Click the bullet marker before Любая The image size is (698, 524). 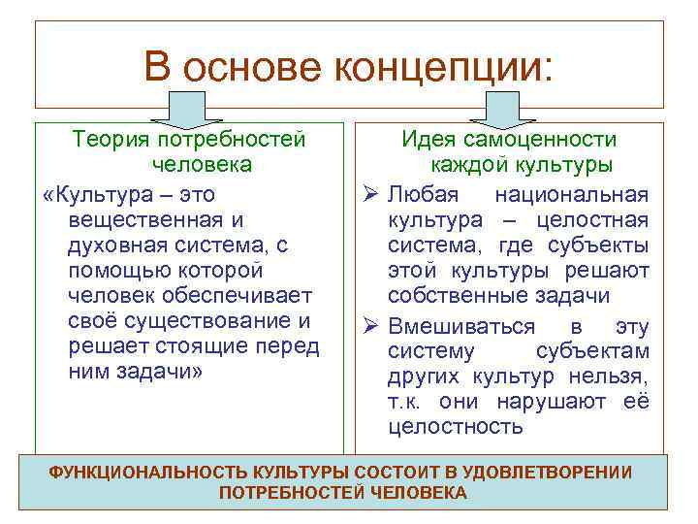tap(369, 196)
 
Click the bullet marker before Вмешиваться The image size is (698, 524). tap(369, 326)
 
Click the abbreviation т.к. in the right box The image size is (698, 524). tap(403, 402)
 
